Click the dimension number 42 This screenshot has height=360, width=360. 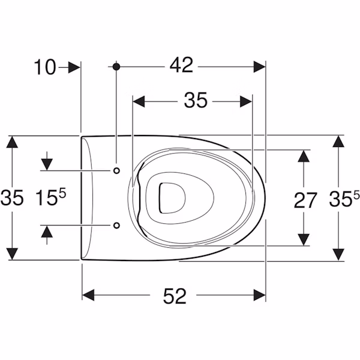[x=181, y=65]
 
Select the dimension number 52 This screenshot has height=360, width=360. [x=175, y=296]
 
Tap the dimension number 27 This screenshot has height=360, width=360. [x=305, y=200]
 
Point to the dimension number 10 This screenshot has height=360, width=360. [x=45, y=67]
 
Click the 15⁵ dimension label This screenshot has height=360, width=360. [x=51, y=197]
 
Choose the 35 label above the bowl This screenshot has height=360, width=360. [x=196, y=100]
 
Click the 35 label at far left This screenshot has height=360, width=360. [x=12, y=197]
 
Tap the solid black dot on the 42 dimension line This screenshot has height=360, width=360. [x=116, y=67]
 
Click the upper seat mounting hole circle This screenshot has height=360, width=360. [x=116, y=170]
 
